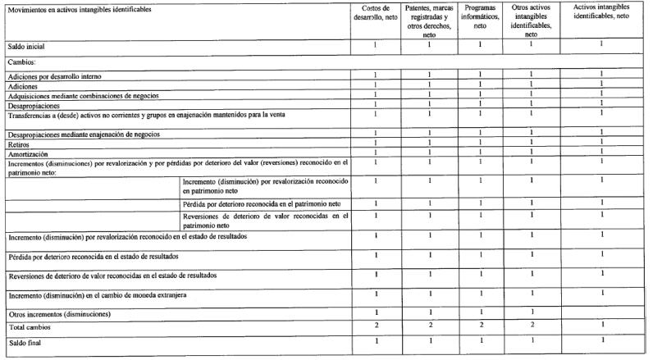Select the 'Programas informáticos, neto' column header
pos(481,17)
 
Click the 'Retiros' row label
pos(18,143)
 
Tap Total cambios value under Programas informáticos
pos(481,326)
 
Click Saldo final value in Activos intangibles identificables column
pos(601,340)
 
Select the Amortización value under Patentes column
pos(429,153)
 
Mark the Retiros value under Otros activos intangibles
pos(531,143)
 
